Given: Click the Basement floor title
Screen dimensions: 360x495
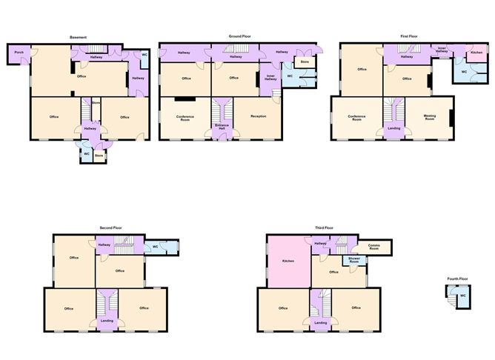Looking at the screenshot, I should coord(79,37).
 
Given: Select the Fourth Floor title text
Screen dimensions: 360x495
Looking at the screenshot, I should coord(457,279).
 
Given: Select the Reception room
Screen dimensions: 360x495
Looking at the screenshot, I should coord(258,116).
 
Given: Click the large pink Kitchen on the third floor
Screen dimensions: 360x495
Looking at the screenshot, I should coord(289,261).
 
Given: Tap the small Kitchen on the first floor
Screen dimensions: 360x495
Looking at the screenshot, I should coord(477,53).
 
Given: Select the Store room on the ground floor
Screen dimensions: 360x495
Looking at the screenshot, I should coord(305,61).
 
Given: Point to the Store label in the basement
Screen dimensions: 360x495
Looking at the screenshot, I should coord(99,156).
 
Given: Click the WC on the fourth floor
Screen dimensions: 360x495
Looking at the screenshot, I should coord(462,296).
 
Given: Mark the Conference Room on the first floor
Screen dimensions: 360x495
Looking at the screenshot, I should coord(356,118).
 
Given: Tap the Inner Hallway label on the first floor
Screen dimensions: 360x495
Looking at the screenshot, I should coord(442,50).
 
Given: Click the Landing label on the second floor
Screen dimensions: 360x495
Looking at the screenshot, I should coord(107,321).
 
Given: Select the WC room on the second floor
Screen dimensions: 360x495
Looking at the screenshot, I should coord(156,247).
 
